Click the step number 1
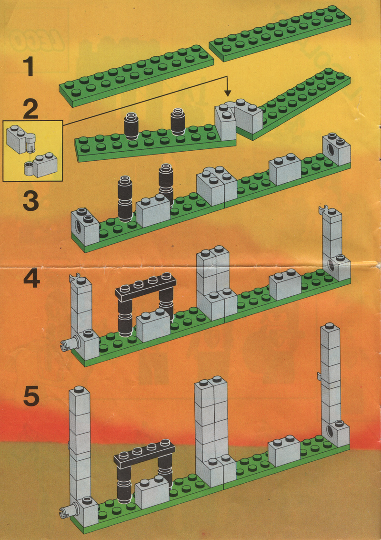click(29, 67)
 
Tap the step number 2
click(31, 109)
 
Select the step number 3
click(30, 201)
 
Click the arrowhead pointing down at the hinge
click(227, 93)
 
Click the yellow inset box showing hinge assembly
click(33, 151)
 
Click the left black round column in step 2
click(131, 126)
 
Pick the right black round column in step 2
click(178, 122)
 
